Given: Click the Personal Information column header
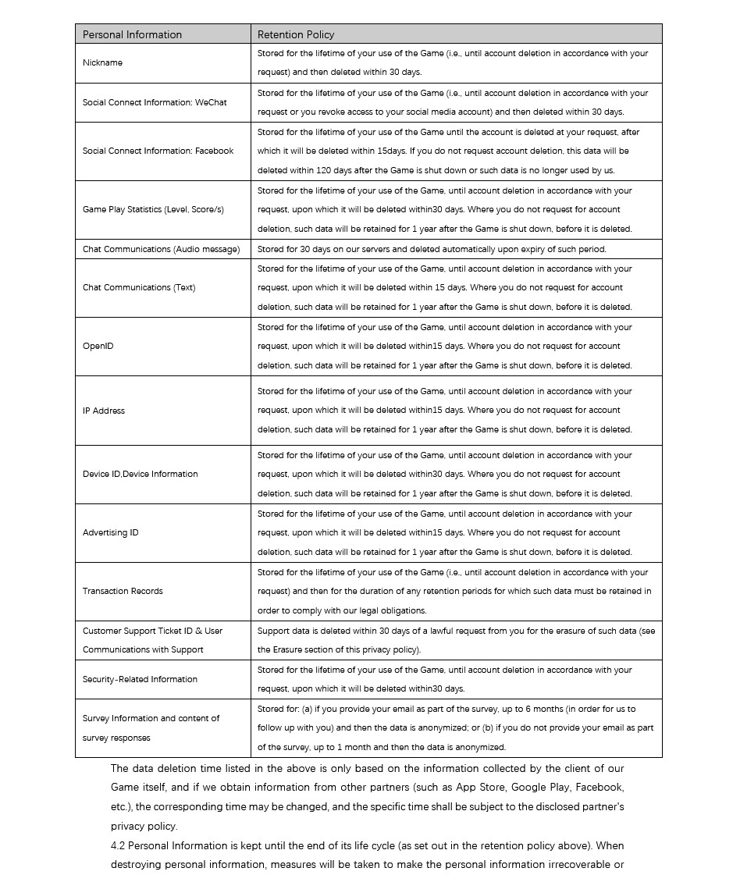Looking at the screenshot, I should click(x=132, y=34).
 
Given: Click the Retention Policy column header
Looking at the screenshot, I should click(x=296, y=34).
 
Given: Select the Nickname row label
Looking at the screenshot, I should click(x=102, y=63).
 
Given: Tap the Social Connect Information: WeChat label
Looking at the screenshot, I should click(x=155, y=102).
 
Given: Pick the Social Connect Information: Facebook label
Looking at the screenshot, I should click(x=158, y=151).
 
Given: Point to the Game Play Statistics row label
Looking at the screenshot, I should click(x=153, y=209).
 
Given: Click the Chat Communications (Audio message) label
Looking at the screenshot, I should click(x=161, y=249).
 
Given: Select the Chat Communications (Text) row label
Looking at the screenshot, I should click(x=139, y=287).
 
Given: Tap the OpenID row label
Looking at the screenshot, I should click(x=98, y=346).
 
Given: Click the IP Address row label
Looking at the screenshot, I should click(x=104, y=411).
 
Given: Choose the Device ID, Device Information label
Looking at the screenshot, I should click(x=140, y=474).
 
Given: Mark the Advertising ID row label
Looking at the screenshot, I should click(x=110, y=532).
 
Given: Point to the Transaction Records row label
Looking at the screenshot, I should click(x=123, y=591).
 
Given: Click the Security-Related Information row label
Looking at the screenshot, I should click(x=140, y=679).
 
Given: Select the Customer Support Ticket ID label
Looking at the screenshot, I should click(x=152, y=631).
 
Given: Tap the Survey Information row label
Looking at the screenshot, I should click(x=151, y=718).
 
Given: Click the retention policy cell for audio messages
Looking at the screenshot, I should click(x=431, y=249).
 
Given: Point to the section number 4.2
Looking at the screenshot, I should click(x=118, y=845).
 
